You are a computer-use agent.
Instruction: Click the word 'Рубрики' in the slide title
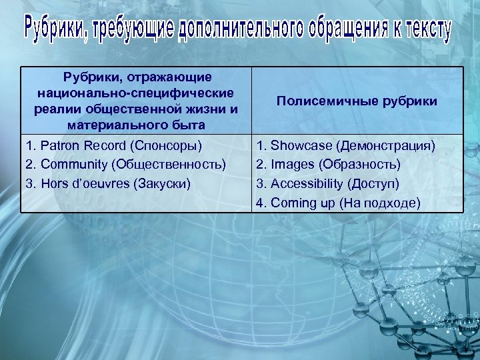point(54,29)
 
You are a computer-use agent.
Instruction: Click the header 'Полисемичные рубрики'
point(357,101)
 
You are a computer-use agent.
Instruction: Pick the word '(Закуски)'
point(160,183)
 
